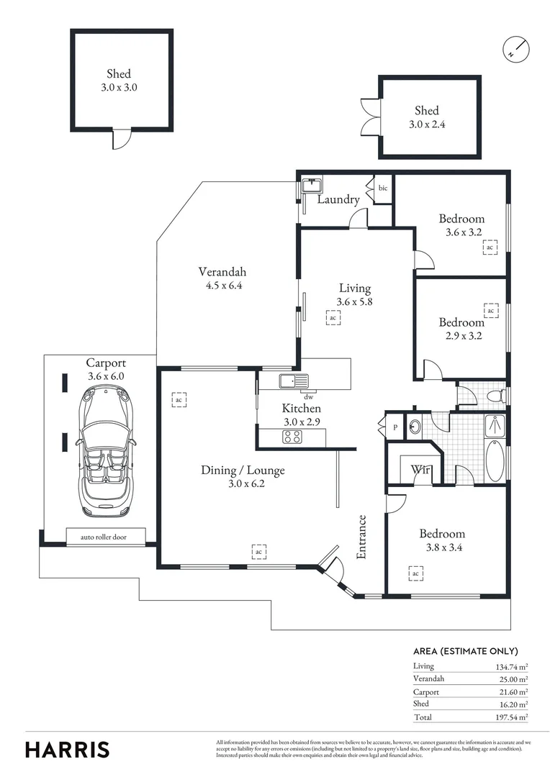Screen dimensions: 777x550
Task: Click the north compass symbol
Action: pos(515,47)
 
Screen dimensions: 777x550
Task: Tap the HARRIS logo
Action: pos(68,749)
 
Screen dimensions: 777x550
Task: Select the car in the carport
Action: pos(105,451)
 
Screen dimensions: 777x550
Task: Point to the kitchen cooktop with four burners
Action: pos(292,437)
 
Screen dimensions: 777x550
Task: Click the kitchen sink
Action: pos(293,381)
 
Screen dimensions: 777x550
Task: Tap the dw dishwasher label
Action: pos(308,396)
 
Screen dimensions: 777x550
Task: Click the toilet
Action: pos(496,395)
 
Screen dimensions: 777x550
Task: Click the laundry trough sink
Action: pos(311,183)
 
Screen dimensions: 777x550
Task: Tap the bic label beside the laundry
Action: pos(382,188)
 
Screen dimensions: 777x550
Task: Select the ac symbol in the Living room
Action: pos(333,317)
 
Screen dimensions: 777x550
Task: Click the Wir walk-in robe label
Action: pos(420,470)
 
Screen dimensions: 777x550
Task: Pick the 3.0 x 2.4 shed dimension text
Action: pos(426,124)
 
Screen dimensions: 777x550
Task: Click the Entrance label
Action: pos(362,537)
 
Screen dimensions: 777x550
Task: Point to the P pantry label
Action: pos(395,426)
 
